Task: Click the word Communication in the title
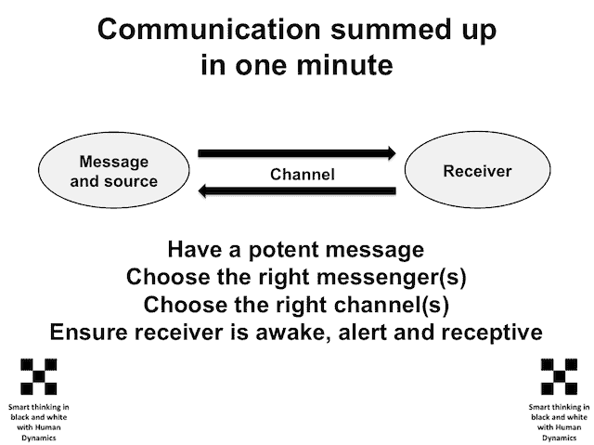click(209, 29)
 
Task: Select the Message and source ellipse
click(113, 170)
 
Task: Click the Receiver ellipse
click(477, 170)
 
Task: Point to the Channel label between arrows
click(303, 175)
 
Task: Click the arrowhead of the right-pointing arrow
click(392, 153)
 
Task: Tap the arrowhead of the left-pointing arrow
click(202, 190)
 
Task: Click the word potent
click(283, 251)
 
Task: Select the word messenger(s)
click(392, 277)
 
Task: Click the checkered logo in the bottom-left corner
click(39, 376)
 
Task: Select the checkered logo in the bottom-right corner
click(559, 376)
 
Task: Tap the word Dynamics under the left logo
click(39, 438)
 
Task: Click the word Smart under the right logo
click(538, 407)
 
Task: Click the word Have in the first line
click(196, 250)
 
